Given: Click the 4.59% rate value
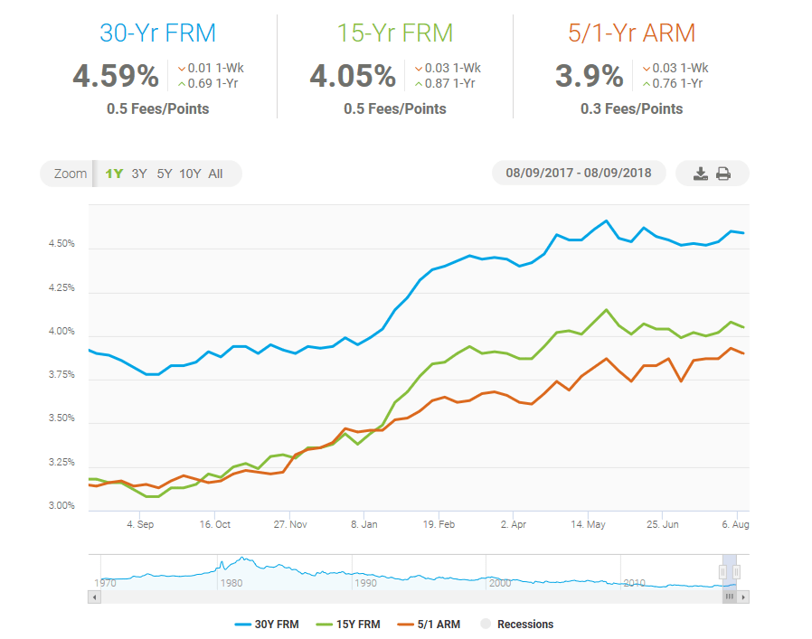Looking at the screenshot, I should (x=116, y=76).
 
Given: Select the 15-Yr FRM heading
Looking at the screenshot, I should (x=395, y=33).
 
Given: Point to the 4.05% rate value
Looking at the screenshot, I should (x=353, y=76).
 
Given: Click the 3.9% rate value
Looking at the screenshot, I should (x=590, y=76).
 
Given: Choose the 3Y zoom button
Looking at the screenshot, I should (x=139, y=174).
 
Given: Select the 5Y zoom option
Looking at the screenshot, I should (x=164, y=174).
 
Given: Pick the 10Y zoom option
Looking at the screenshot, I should (x=190, y=174).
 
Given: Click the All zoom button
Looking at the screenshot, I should (x=215, y=174).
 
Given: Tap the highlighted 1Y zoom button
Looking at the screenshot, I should (x=114, y=174).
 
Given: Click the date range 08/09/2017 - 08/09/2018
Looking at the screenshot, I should (x=579, y=173).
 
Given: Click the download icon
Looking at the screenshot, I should (x=700, y=174).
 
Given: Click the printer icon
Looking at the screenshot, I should (x=723, y=174).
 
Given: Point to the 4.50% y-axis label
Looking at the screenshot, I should (x=62, y=245).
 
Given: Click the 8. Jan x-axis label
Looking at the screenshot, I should (x=364, y=524).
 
